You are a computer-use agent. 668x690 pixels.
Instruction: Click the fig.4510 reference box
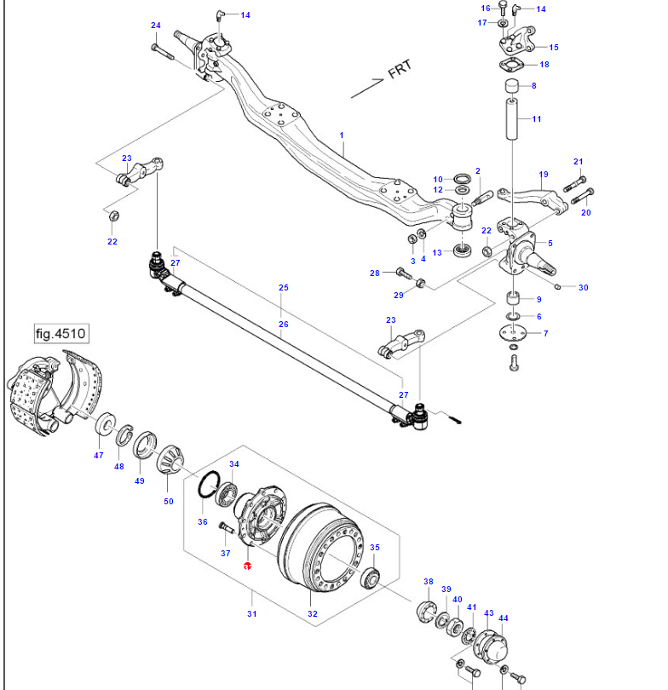tap(61, 333)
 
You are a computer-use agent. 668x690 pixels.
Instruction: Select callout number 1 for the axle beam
tap(341, 135)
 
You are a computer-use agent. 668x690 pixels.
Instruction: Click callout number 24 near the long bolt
tap(155, 25)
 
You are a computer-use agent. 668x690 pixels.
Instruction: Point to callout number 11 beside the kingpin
tap(536, 118)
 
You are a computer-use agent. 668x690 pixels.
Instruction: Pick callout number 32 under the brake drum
tap(313, 613)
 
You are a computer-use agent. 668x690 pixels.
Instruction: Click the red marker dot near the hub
tap(247, 566)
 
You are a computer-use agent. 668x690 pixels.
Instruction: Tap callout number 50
tap(169, 501)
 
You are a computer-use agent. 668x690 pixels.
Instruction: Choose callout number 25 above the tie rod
tap(284, 288)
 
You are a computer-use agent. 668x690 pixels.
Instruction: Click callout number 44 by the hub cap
tap(503, 619)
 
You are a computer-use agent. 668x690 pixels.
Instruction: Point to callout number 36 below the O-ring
tap(202, 521)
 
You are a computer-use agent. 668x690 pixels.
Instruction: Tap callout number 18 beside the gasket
tap(544, 65)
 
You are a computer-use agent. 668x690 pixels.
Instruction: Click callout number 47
tap(98, 456)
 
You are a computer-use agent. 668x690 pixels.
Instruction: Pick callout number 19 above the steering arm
tap(543, 174)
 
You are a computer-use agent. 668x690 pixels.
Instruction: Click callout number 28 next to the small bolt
tap(374, 273)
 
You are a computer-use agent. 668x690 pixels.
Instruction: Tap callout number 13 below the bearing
tap(436, 253)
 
